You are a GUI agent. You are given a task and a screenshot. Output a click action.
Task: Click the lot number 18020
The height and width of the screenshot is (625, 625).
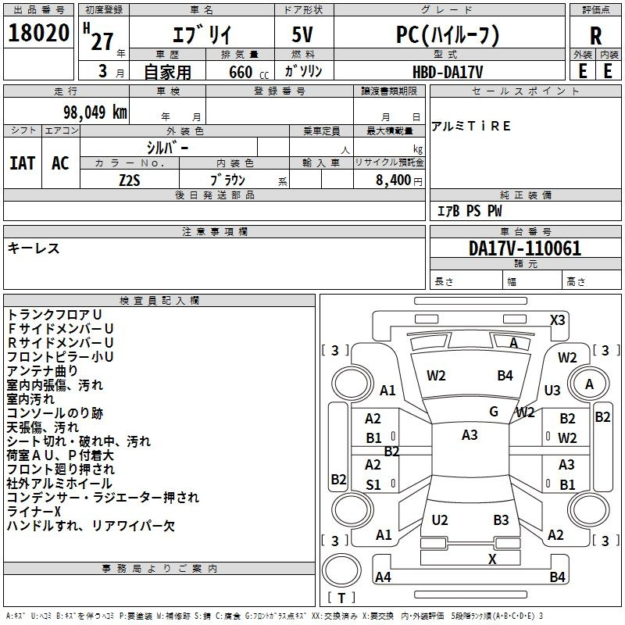tap(38, 33)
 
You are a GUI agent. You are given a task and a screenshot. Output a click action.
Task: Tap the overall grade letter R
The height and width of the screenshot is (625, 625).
tap(595, 36)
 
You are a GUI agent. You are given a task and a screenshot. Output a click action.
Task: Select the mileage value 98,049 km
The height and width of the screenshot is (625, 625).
tap(95, 112)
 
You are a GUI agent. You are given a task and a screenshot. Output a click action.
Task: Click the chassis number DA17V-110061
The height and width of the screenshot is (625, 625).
tap(525, 248)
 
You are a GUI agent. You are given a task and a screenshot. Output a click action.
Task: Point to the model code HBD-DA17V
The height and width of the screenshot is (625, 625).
tap(447, 72)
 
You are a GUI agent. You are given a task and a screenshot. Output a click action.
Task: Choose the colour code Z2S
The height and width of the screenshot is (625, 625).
tap(130, 180)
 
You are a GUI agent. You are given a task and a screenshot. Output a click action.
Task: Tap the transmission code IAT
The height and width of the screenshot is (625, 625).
tap(23, 163)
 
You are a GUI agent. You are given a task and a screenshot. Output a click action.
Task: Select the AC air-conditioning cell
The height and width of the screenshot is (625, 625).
tap(60, 163)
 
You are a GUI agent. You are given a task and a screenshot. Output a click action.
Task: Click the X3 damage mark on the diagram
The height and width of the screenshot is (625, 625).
tap(557, 320)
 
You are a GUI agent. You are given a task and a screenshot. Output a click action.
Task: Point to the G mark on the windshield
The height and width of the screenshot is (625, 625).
tap(494, 411)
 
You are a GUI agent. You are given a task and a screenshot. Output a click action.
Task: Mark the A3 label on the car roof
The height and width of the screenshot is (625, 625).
tap(470, 435)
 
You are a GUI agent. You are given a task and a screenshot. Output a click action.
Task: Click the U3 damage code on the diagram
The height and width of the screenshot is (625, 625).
tap(552, 390)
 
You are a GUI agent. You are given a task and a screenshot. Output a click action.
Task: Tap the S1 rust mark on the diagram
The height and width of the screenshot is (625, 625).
tap(373, 484)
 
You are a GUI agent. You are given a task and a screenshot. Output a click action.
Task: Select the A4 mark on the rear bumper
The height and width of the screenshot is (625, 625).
tap(383, 577)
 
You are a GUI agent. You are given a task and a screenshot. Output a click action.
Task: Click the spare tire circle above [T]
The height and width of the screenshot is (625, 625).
tap(341, 570)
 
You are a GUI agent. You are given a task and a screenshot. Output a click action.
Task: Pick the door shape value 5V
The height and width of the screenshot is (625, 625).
tap(302, 34)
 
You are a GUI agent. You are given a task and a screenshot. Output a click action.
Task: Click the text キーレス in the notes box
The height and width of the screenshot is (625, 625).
tap(34, 248)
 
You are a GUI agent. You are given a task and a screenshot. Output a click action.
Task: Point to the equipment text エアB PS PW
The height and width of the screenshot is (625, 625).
tap(470, 211)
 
